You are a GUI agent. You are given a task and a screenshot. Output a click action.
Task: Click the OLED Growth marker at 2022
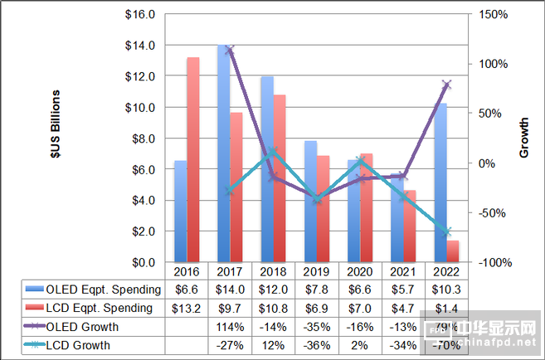pos(447,85)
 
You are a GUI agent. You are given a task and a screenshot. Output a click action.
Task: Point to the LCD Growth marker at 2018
pos(273,152)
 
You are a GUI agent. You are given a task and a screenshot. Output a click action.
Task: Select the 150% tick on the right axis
pos(494,14)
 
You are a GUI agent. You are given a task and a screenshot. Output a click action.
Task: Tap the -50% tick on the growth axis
pos(494,212)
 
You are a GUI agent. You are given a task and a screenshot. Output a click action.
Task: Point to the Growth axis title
pos(524,138)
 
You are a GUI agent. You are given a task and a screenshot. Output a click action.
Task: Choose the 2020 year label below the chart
pos(361,272)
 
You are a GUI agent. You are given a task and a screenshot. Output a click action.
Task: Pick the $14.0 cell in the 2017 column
pos(231,289)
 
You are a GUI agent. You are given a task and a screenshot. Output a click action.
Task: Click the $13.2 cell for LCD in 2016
pos(187,309)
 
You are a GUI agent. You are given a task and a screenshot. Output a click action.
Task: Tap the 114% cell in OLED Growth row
pos(231,327)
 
